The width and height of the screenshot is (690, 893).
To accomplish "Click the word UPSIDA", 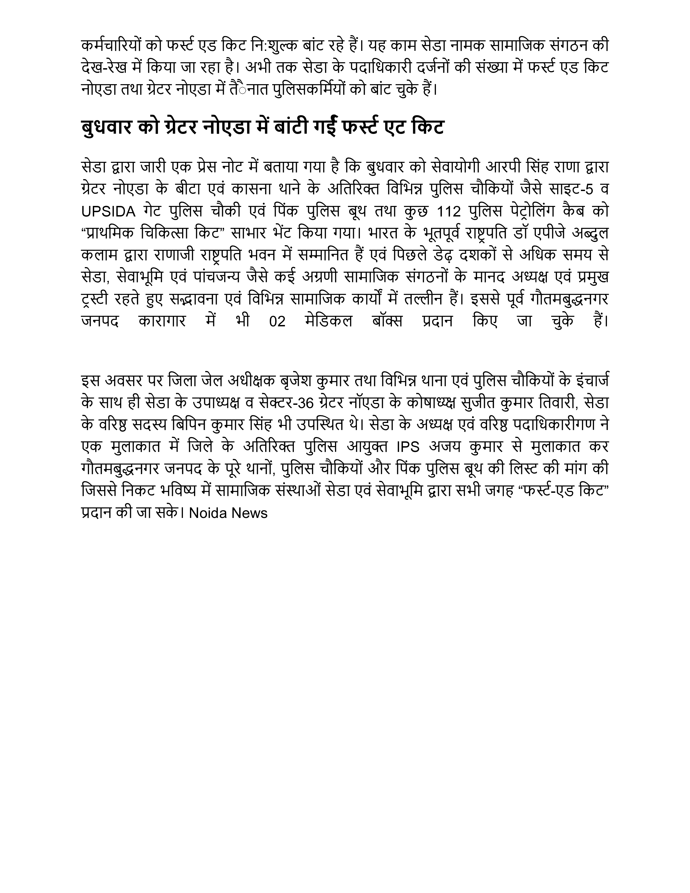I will tap(108, 211).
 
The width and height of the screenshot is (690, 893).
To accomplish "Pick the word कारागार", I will tap(162, 322).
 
